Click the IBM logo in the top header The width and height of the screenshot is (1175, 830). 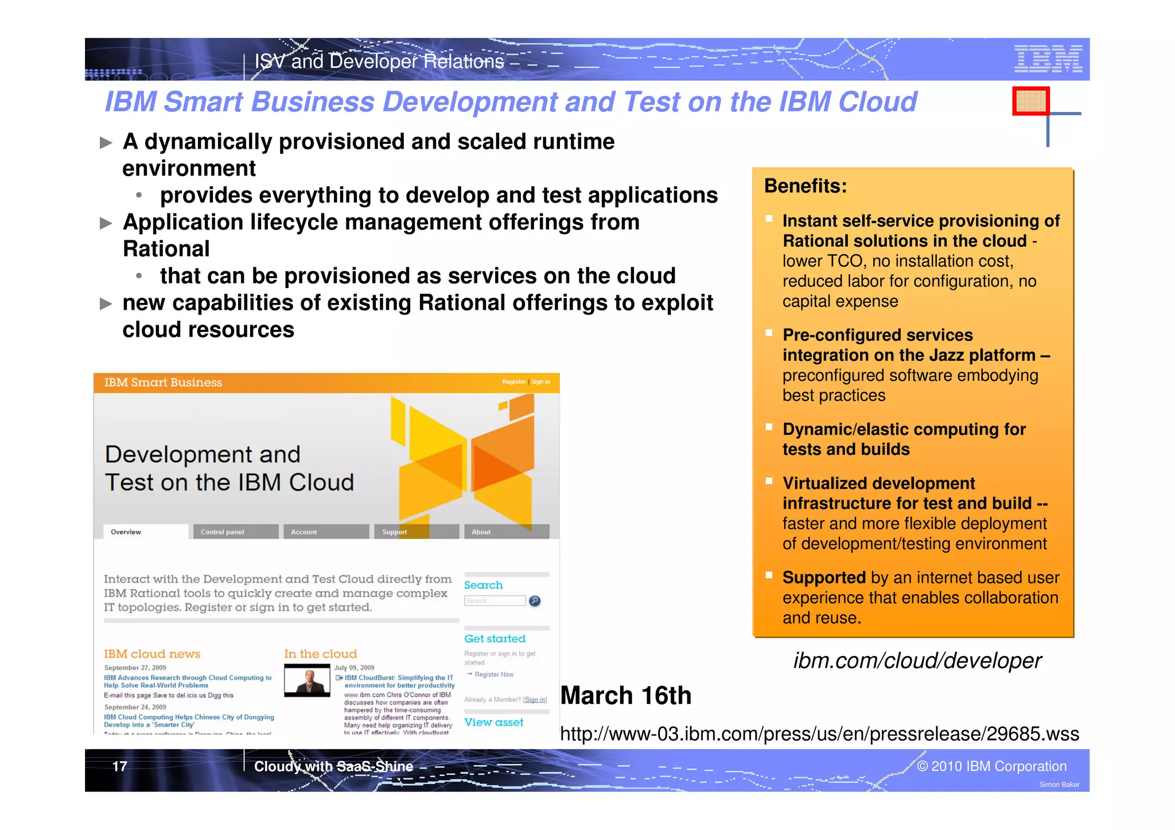(x=1048, y=59)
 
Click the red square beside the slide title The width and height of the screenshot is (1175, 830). (x=1030, y=101)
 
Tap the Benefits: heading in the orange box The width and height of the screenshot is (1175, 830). (x=805, y=186)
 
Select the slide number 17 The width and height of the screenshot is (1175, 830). (x=119, y=766)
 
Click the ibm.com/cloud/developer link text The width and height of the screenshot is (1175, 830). (x=917, y=661)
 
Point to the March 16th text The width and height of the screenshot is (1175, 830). (x=625, y=696)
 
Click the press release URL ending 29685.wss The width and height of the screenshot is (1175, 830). (x=819, y=734)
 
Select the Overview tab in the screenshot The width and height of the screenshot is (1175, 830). (x=126, y=532)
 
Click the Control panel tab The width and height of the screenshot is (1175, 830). (x=223, y=532)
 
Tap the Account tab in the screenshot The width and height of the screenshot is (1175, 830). (x=304, y=532)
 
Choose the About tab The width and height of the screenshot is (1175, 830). (x=481, y=532)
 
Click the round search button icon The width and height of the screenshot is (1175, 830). (x=534, y=601)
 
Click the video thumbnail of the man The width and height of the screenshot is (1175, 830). (x=307, y=680)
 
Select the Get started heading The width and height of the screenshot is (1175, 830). (x=495, y=638)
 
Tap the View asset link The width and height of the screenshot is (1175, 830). (x=493, y=722)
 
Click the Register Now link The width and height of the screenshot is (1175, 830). (x=493, y=675)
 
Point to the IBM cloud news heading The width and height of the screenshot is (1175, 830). (x=152, y=654)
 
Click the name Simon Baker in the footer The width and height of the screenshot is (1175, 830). (x=1059, y=785)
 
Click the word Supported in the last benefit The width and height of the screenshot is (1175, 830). (x=823, y=577)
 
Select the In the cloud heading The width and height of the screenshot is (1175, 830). (x=320, y=654)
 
